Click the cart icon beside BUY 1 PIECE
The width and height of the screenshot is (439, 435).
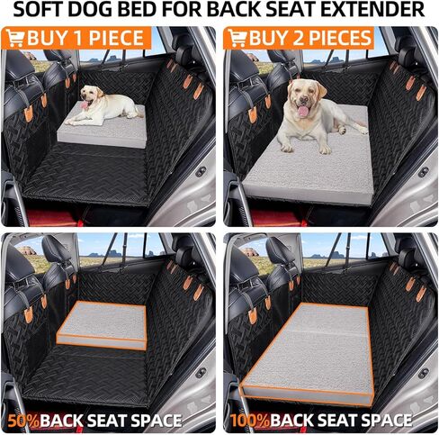click(x=14, y=38)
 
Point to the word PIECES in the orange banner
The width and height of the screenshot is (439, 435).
click(x=337, y=38)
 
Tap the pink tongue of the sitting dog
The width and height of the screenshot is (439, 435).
click(x=304, y=111)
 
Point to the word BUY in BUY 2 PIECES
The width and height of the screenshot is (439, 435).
click(x=268, y=38)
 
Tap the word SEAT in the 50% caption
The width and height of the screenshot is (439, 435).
click(x=111, y=420)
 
